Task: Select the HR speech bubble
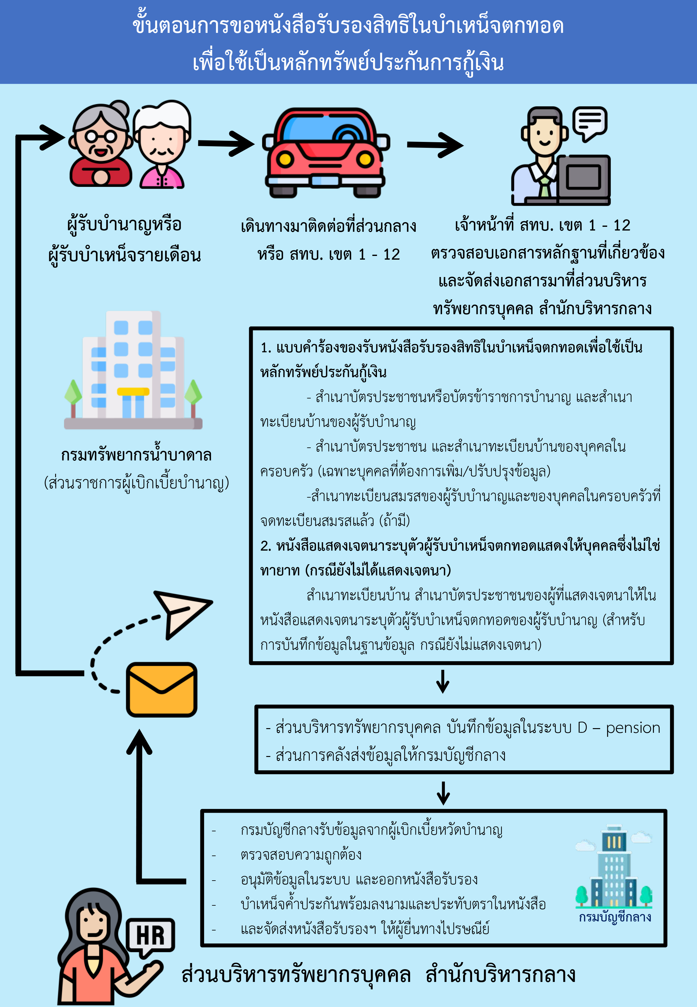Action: click(x=151, y=937)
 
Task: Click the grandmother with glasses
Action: click(x=101, y=144)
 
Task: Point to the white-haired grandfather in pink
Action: click(x=162, y=144)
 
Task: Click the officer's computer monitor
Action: click(x=583, y=179)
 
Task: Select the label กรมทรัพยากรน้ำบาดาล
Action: click(x=136, y=455)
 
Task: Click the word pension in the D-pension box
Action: click(x=633, y=728)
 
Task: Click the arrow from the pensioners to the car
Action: click(x=226, y=143)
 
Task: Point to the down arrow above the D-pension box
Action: click(x=443, y=682)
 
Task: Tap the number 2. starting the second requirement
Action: click(x=265, y=546)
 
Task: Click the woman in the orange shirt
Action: click(x=100, y=948)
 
